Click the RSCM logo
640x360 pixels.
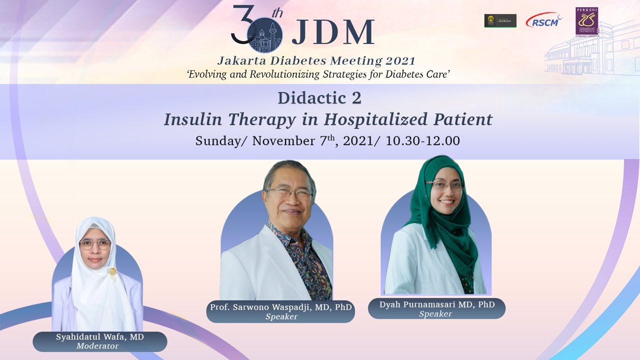[x=543, y=20]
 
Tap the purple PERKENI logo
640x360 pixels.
[x=586, y=21]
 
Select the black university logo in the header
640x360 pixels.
[x=500, y=20]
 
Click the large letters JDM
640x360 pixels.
[x=333, y=33]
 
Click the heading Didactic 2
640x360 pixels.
[x=319, y=98]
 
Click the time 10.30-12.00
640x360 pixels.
[x=422, y=141]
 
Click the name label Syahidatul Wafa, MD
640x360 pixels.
[x=99, y=337]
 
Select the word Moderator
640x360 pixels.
[x=97, y=346]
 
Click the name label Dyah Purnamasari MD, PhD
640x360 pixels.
[x=436, y=304]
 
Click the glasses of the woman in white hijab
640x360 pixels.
[x=95, y=243]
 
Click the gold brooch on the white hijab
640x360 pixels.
[x=113, y=271]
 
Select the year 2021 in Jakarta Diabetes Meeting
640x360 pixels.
[x=400, y=61]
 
